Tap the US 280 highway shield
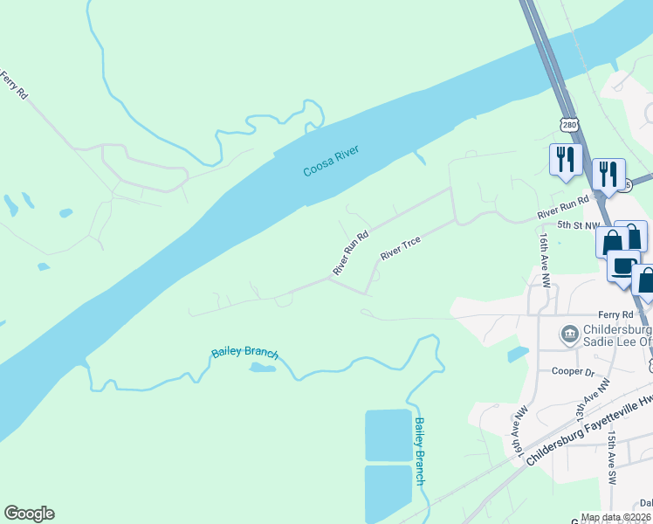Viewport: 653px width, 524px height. coord(570,126)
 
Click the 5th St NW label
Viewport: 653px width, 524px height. coord(580,225)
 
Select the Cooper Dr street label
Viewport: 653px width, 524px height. coord(573,371)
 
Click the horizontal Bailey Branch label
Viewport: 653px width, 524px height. coord(244,353)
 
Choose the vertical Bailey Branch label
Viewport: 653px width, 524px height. coord(420,451)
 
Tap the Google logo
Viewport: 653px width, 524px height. coord(29,514)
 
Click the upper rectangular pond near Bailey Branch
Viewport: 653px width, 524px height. coord(388,434)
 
